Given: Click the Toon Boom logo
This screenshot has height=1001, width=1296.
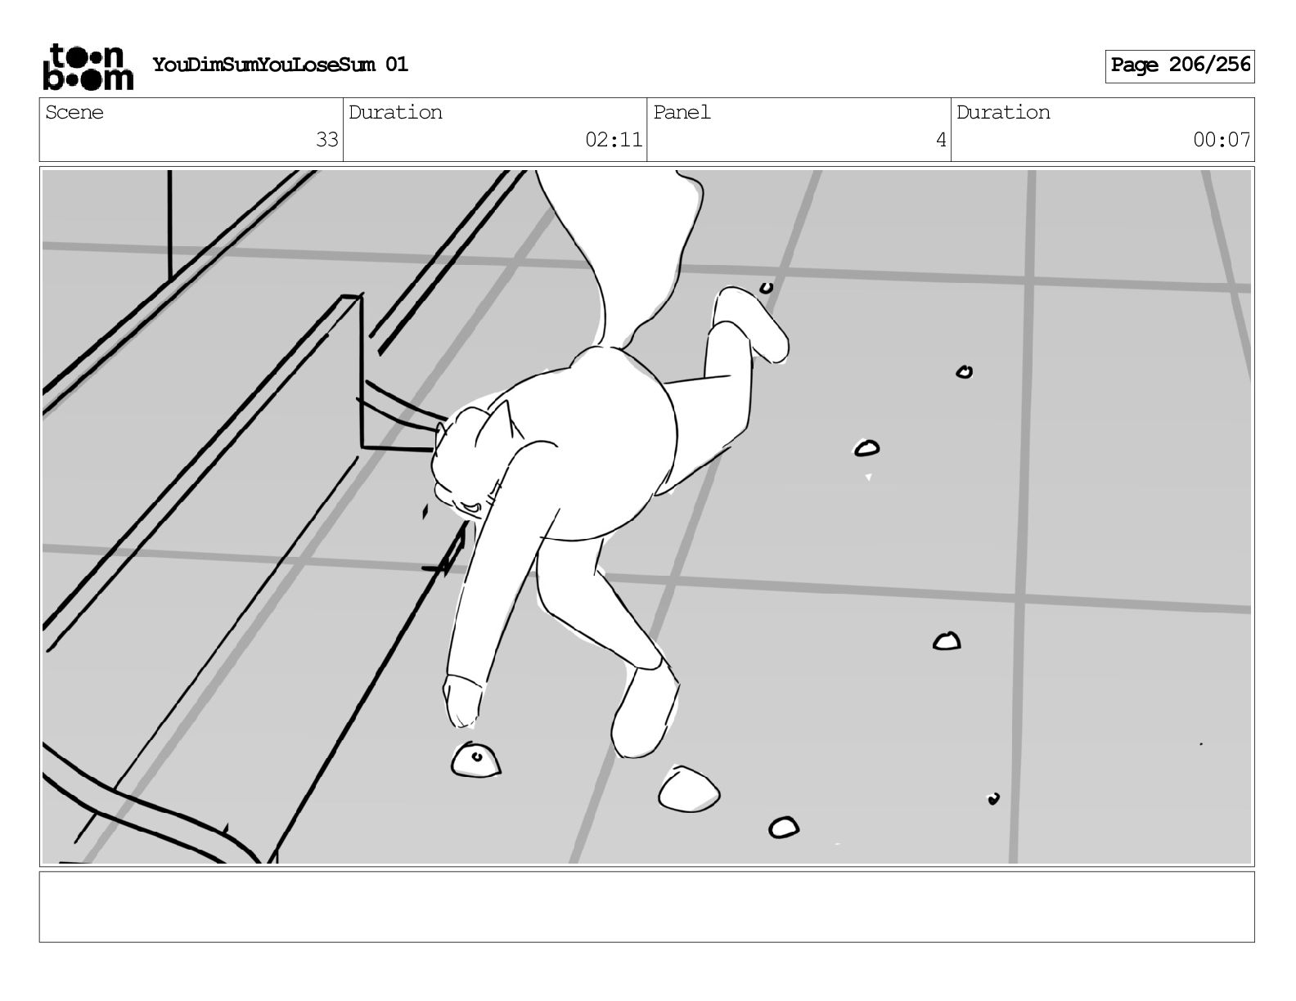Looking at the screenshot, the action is pos(88,66).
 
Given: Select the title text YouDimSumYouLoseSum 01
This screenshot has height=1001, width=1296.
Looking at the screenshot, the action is pos(281,65).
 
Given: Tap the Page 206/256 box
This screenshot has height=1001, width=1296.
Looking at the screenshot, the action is pos(1179,66).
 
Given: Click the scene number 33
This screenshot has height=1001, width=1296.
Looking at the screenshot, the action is pos(326,140).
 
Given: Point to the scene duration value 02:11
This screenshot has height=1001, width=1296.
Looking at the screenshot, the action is pos(613,140).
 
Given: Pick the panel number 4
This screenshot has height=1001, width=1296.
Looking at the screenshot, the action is pos(941,140).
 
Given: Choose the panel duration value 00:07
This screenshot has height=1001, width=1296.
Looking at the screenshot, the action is pos(1222,140).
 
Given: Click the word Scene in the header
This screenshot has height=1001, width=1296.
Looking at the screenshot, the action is pos(74,112).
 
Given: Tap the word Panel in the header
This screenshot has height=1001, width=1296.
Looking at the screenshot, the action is pos(682,112).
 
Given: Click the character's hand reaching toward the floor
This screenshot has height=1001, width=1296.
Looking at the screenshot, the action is pos(463,701).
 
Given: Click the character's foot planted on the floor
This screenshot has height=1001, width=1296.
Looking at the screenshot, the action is pos(644,712).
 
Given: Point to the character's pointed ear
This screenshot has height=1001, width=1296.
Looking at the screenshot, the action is pos(504,421).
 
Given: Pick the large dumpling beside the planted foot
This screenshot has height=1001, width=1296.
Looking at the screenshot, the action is pos(689,789).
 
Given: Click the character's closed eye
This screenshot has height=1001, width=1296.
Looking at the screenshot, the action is pos(471,507).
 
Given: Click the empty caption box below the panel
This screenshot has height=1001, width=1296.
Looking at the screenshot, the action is pos(647,907).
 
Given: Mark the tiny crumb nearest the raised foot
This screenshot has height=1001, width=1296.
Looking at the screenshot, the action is pos(767,289).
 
